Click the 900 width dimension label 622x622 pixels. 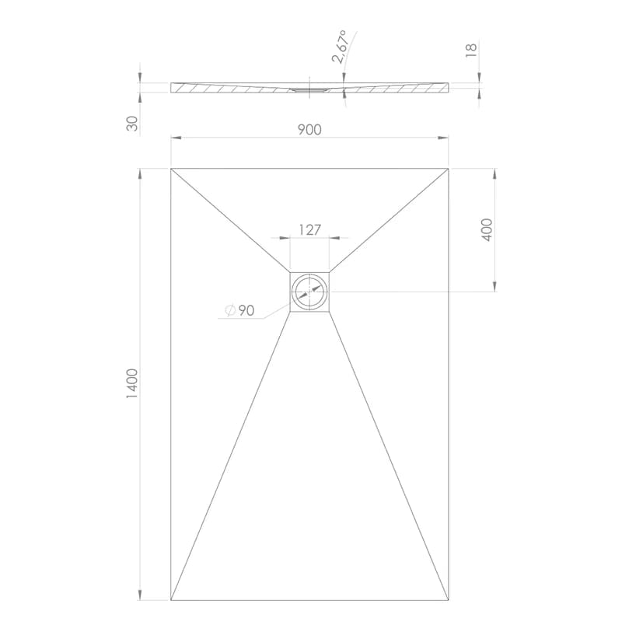pos(309,130)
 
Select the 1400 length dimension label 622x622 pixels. pos(132,383)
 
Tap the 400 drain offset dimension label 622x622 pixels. pos(487,229)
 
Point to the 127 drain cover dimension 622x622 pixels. pos(309,229)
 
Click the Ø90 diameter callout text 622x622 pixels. pos(239,310)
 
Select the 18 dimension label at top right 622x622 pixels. pos(471,51)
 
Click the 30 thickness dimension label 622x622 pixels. pos(132,124)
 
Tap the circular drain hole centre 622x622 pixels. pos(309,292)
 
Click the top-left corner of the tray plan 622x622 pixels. pos(171,169)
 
